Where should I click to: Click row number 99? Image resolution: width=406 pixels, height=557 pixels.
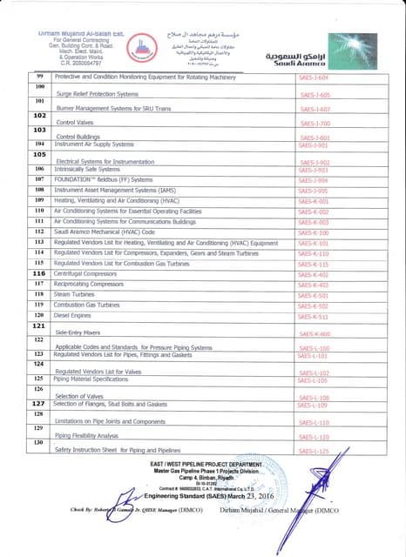click(39, 77)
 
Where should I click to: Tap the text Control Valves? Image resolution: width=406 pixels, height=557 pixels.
click(74, 123)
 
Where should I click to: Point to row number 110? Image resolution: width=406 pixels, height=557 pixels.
click(39, 211)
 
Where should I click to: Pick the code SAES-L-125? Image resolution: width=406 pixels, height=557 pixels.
click(314, 452)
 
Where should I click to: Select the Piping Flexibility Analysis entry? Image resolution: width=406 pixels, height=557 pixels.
click(86, 435)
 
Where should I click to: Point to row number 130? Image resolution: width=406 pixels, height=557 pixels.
click(39, 443)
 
